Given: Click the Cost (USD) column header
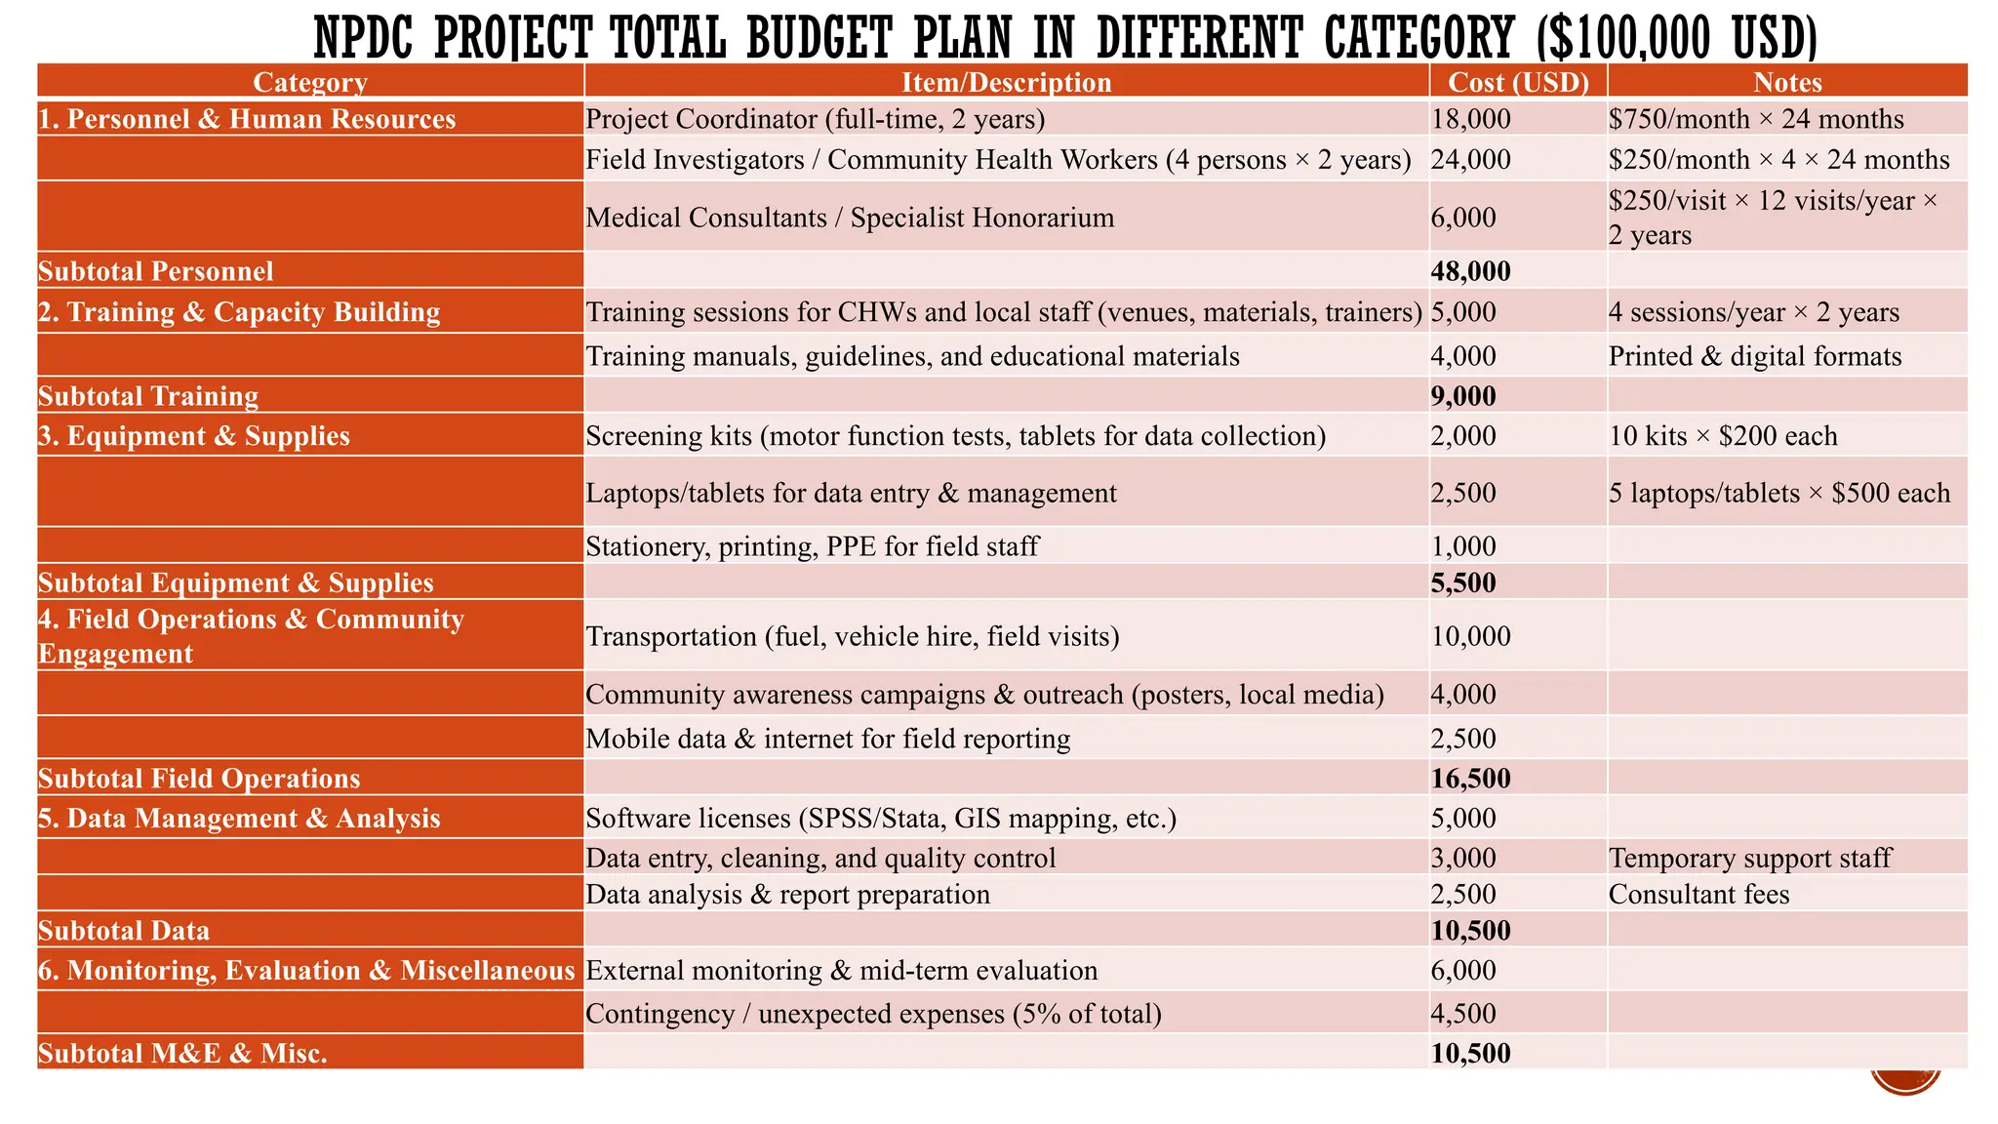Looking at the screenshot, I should [1518, 82].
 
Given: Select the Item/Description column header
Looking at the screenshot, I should [1006, 82].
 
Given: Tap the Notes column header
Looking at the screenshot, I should [1787, 82].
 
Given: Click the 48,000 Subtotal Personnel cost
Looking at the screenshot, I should [1470, 271].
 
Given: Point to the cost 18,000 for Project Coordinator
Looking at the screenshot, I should [1470, 119].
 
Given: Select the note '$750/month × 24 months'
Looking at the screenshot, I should [1756, 119].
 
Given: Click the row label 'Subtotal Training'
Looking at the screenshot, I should [148, 396].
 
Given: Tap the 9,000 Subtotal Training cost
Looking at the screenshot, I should [1463, 396].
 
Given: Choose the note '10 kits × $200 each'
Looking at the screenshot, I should [1723, 436].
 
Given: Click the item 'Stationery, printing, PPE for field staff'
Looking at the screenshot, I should [812, 546].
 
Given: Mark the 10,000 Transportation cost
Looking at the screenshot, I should [1470, 636].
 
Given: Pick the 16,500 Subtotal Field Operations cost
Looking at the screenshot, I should [1470, 779].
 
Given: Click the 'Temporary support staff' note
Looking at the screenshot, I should [1749, 858].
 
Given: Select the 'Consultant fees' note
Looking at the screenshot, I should [1698, 895].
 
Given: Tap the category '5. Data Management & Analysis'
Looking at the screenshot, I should [239, 818].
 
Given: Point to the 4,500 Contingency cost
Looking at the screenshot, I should [1463, 1014].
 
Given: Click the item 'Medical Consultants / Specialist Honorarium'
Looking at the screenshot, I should [850, 218].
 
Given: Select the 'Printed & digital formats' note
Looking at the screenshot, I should [1754, 356].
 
